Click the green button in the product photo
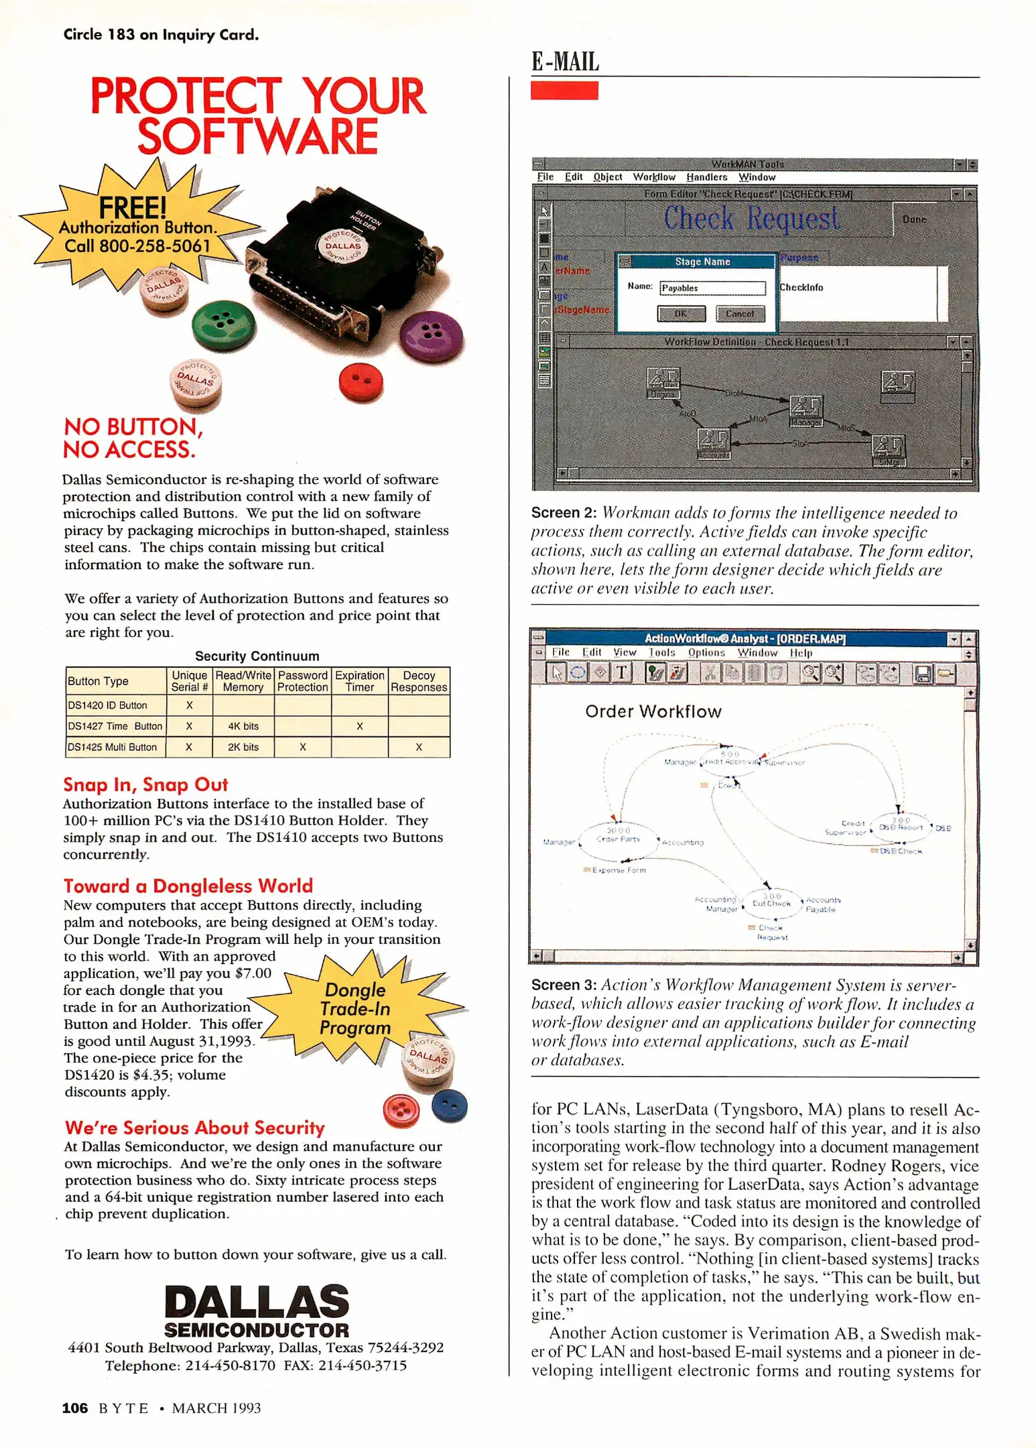coord(223,324)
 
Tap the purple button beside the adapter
coord(430,335)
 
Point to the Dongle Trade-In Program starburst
coord(356,1008)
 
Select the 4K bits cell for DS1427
coord(243,726)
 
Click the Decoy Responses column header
coord(419,681)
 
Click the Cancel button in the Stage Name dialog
coord(740,313)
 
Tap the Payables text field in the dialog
coord(712,288)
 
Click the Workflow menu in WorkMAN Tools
coord(654,177)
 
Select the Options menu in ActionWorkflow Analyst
coord(706,652)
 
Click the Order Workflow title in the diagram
coord(653,711)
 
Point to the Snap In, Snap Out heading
coord(145,784)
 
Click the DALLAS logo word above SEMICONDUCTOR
coord(257,1302)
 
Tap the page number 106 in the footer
coord(74,1408)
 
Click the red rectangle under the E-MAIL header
coord(564,90)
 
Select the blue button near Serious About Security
coord(449,1106)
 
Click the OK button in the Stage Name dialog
coord(681,313)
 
